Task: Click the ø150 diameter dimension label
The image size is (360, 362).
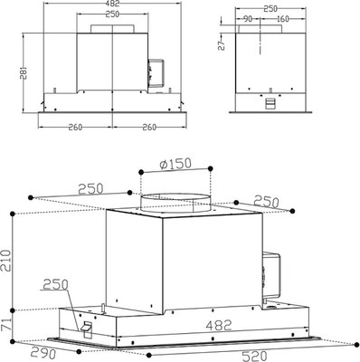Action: click(x=175, y=164)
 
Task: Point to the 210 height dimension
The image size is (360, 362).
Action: click(x=6, y=261)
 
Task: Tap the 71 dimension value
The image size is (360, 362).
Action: click(x=5, y=325)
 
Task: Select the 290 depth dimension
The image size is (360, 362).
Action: click(x=43, y=353)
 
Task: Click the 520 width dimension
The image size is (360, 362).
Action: click(x=255, y=356)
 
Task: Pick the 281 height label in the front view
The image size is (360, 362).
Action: click(x=24, y=73)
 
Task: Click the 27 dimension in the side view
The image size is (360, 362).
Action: click(x=222, y=45)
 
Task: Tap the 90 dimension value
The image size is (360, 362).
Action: click(x=247, y=19)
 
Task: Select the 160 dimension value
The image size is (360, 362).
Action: click(x=282, y=19)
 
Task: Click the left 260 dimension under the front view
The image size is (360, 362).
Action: click(x=75, y=128)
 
